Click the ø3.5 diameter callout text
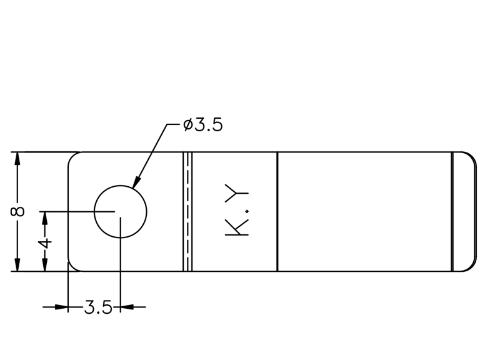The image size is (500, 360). pyautogui.click(x=202, y=124)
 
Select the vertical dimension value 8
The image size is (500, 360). pyautogui.click(x=17, y=211)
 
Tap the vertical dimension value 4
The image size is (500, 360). pyautogui.click(x=45, y=244)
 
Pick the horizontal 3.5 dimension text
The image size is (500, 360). pyautogui.click(x=98, y=307)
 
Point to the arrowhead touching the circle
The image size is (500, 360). pyautogui.click(x=136, y=182)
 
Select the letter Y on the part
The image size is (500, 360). pyautogui.click(x=237, y=193)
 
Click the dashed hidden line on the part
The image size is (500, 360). pyautogui.click(x=188, y=212)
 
